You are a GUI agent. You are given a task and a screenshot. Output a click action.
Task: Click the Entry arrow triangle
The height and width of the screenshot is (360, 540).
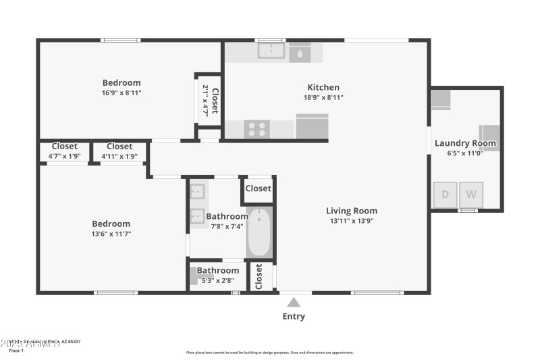click(294, 303)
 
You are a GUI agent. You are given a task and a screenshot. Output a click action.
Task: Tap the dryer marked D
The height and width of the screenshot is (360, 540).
click(445, 195)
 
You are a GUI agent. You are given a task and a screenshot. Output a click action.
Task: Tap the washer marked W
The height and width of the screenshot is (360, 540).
click(471, 195)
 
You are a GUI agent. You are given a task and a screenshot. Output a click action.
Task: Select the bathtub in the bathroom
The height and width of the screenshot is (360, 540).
click(258, 233)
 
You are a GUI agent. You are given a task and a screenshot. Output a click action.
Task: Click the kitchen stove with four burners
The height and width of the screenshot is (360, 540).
click(256, 128)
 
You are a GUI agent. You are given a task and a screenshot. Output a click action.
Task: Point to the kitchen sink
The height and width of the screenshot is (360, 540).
click(272, 51)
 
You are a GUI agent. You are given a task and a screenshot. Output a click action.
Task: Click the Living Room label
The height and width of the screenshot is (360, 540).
click(352, 211)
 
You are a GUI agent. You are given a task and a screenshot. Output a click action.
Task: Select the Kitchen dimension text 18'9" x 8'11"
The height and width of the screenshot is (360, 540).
click(323, 97)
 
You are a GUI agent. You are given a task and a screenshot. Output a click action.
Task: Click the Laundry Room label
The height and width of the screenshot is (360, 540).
click(465, 143)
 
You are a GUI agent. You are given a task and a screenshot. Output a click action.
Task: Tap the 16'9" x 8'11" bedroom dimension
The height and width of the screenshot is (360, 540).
click(122, 93)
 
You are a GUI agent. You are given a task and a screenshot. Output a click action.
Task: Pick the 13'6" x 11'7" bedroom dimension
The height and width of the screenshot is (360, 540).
click(111, 234)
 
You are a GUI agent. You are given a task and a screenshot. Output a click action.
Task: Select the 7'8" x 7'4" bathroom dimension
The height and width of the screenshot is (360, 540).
click(226, 226)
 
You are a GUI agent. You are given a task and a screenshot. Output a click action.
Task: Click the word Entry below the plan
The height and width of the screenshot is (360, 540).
click(294, 316)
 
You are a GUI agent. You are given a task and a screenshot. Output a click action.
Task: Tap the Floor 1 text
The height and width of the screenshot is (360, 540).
click(16, 351)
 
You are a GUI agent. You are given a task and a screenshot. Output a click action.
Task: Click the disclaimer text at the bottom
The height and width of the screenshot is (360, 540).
click(269, 352)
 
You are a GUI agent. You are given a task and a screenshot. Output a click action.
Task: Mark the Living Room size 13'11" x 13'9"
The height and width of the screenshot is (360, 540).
click(352, 220)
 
